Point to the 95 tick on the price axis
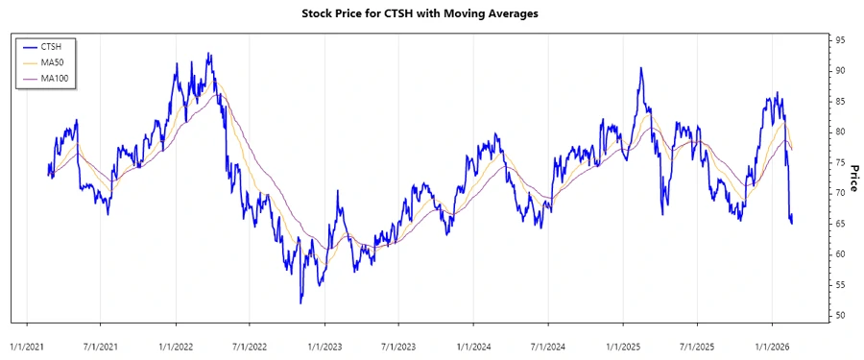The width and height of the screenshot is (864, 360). click(840, 40)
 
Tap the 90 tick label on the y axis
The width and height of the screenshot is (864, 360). click(840, 71)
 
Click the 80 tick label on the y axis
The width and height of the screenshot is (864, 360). click(840, 132)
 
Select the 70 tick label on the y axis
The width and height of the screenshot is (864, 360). click(840, 193)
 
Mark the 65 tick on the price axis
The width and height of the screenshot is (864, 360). click(840, 224)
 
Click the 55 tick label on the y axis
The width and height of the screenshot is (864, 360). click(840, 285)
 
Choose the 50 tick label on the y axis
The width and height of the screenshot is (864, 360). click(840, 316)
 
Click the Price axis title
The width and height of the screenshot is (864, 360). click(853, 178)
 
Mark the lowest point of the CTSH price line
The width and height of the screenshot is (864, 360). click(300, 303)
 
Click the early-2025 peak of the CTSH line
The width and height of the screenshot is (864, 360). click(639, 68)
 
